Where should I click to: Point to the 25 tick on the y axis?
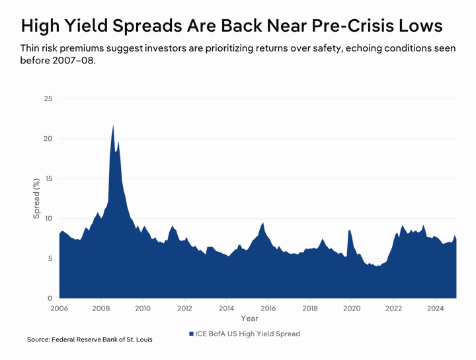(48, 98)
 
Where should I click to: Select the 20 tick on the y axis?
(48, 139)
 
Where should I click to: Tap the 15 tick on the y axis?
(48, 178)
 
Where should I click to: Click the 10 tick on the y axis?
(48, 219)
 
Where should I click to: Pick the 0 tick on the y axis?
(50, 298)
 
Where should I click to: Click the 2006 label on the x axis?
(59, 308)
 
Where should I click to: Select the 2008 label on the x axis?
(100, 308)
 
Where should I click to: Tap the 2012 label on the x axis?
(184, 308)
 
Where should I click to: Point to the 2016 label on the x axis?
(268, 308)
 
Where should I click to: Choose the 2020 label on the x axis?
(352, 308)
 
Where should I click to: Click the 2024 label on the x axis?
(435, 308)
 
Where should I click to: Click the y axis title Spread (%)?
(37, 198)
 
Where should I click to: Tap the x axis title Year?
(250, 319)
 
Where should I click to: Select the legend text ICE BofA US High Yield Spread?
(248, 334)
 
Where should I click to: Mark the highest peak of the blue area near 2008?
(113, 126)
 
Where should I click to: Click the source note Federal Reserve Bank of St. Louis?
(89, 340)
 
